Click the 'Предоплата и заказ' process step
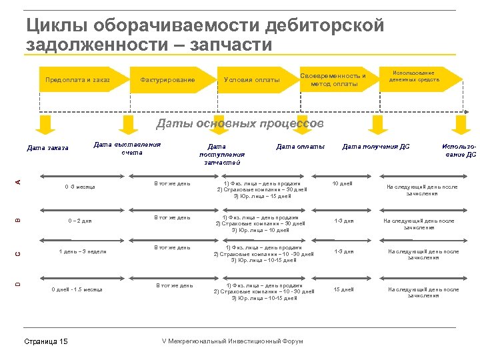77,80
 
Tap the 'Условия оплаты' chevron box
252,80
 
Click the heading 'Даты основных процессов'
240,123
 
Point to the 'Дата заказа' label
47,148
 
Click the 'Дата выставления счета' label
127,148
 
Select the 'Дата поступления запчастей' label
221,154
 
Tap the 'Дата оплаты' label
301,147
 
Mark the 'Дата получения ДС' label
376,147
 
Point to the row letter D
19,284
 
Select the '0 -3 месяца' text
79,187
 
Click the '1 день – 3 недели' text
83,251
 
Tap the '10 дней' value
343,183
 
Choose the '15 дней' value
344,289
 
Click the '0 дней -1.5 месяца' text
77,289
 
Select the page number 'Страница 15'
45,341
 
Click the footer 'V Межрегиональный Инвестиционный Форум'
233,341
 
